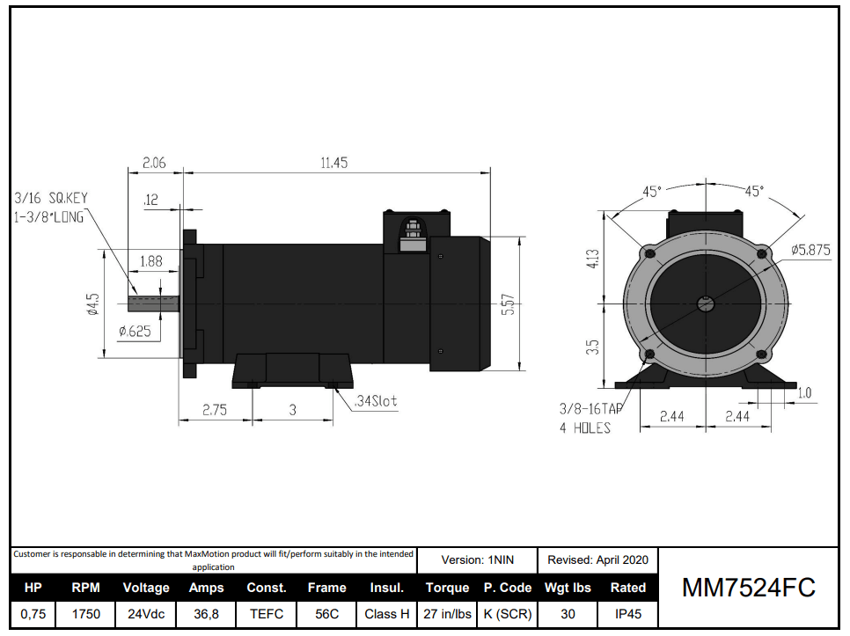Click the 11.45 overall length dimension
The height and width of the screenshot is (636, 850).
pyautogui.click(x=334, y=164)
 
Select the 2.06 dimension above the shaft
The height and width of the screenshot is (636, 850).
pyautogui.click(x=154, y=164)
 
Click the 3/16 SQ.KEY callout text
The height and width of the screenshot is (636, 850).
pyautogui.click(x=50, y=198)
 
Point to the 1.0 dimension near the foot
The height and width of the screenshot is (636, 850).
pyautogui.click(x=804, y=393)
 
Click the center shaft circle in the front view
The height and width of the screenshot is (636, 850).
pyautogui.click(x=705, y=304)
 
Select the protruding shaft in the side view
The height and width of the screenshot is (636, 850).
pyautogui.click(x=154, y=303)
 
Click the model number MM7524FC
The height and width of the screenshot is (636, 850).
pyautogui.click(x=748, y=588)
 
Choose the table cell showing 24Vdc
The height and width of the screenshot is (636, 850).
pyautogui.click(x=144, y=614)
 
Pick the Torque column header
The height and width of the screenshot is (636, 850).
pyautogui.click(x=447, y=588)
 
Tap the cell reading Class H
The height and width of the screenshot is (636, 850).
pyautogui.click(x=386, y=614)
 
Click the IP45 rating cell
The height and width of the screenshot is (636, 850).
pyautogui.click(x=627, y=614)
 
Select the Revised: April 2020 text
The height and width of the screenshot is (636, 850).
pyautogui.click(x=597, y=559)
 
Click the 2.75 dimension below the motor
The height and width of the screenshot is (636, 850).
pyautogui.click(x=216, y=410)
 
